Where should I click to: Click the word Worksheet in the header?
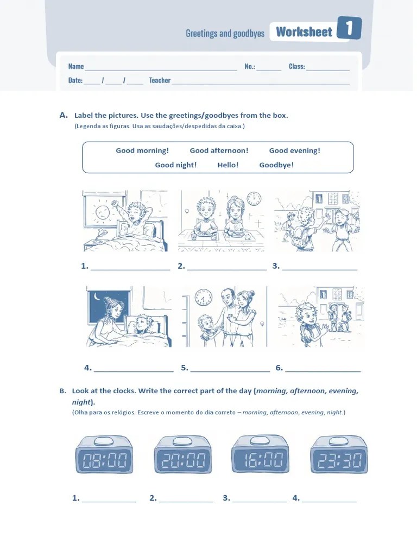coord(304,32)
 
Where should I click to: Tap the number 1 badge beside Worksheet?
coord(349,28)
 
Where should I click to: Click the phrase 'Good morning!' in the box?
coord(143,151)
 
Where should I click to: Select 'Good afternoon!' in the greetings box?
coord(219,151)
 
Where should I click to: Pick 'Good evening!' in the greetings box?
coord(295,151)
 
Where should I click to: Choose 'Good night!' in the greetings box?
coord(176,165)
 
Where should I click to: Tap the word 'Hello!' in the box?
coord(228,165)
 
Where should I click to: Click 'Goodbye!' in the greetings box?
coord(276,165)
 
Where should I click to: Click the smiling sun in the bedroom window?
coord(102,213)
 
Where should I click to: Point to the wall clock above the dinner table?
coord(254,198)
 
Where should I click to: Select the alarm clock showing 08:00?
coord(104,455)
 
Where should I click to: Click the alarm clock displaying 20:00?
coord(183,455)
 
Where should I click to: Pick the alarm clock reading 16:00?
coord(260,454)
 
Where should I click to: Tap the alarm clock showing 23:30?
coord(339,455)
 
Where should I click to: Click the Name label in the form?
coord(76,66)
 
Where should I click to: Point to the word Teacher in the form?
coord(160,80)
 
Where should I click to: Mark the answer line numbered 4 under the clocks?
coord(329,502)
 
